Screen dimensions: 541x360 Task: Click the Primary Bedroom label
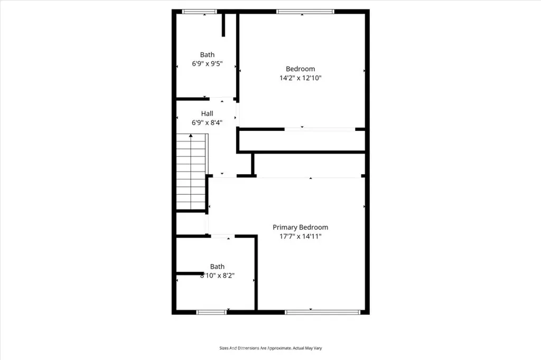click(x=300, y=227)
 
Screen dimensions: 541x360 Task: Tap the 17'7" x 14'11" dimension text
click(x=300, y=236)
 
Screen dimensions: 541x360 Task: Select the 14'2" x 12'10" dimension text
click(x=300, y=78)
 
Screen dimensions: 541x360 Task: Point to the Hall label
click(x=207, y=113)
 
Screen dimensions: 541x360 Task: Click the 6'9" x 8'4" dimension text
click(x=207, y=122)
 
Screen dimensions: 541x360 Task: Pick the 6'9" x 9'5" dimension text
click(x=207, y=63)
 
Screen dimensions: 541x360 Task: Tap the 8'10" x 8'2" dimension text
click(x=217, y=276)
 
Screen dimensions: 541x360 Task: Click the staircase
click(x=192, y=172)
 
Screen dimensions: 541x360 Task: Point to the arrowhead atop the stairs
click(x=191, y=136)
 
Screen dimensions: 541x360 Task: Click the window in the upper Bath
click(x=199, y=12)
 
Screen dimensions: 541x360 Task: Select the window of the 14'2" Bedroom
click(x=305, y=12)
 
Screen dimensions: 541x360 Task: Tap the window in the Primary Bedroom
click(x=323, y=312)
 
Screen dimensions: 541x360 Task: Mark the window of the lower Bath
click(x=211, y=312)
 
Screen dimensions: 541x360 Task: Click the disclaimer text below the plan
click(x=270, y=348)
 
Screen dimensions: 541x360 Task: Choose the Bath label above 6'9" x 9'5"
click(x=207, y=54)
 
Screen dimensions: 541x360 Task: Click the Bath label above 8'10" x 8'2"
click(x=217, y=267)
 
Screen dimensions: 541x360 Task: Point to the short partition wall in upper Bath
click(x=223, y=25)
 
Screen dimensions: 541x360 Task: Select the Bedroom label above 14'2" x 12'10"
click(x=300, y=69)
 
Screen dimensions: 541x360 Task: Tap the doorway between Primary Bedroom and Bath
click(x=223, y=236)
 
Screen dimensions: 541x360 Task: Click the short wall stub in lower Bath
click(x=190, y=273)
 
